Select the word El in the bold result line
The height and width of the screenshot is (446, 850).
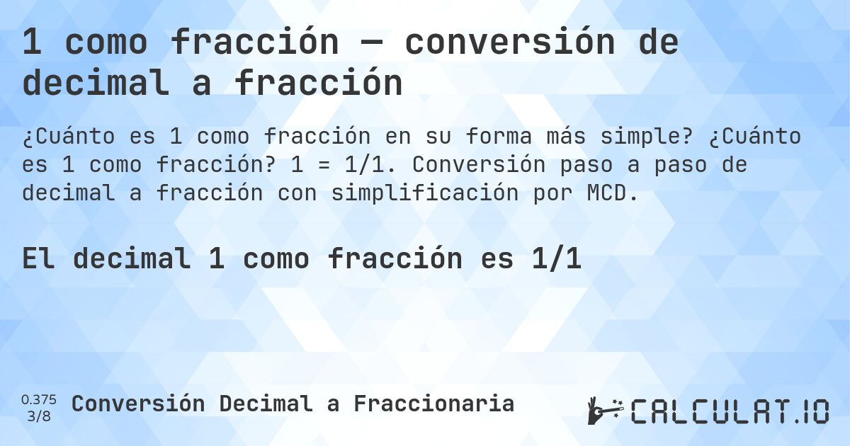click(39, 259)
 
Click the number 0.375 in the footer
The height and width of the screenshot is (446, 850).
click(39, 399)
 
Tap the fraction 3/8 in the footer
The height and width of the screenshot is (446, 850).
click(39, 416)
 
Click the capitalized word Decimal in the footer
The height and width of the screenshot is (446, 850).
click(265, 404)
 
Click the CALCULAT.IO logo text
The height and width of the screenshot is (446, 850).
click(730, 411)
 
